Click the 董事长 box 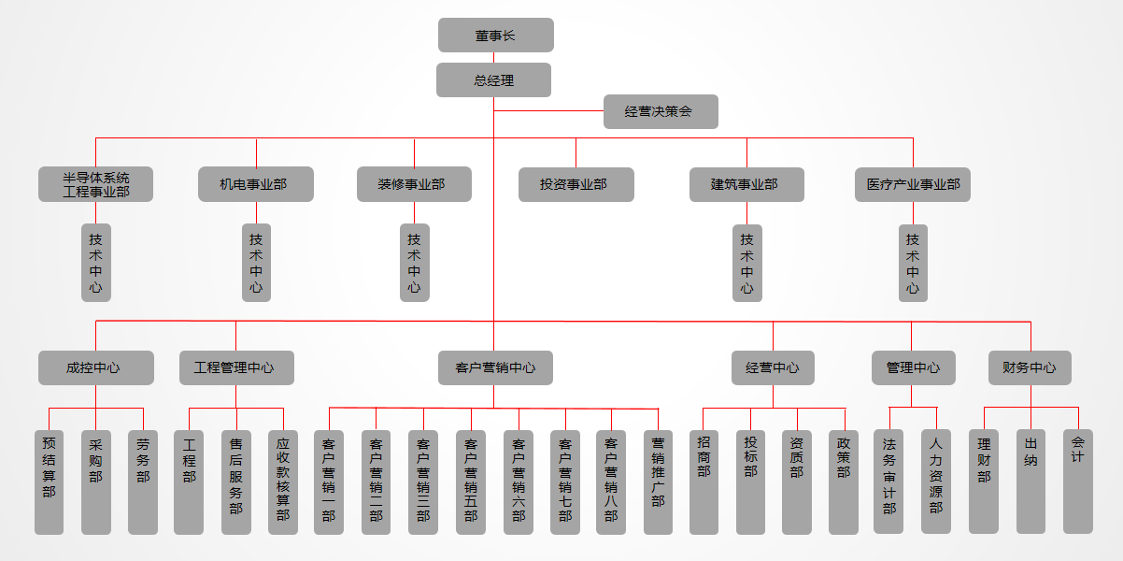[495, 36]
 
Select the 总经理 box [493, 80]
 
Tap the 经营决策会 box [660, 112]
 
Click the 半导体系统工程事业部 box [95, 184]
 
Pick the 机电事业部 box [255, 184]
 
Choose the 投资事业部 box [576, 184]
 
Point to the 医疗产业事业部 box [912, 184]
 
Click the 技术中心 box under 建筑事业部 [746, 263]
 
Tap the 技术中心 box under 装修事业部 [414, 263]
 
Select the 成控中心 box [95, 367]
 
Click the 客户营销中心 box [494, 367]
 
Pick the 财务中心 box [1030, 367]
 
